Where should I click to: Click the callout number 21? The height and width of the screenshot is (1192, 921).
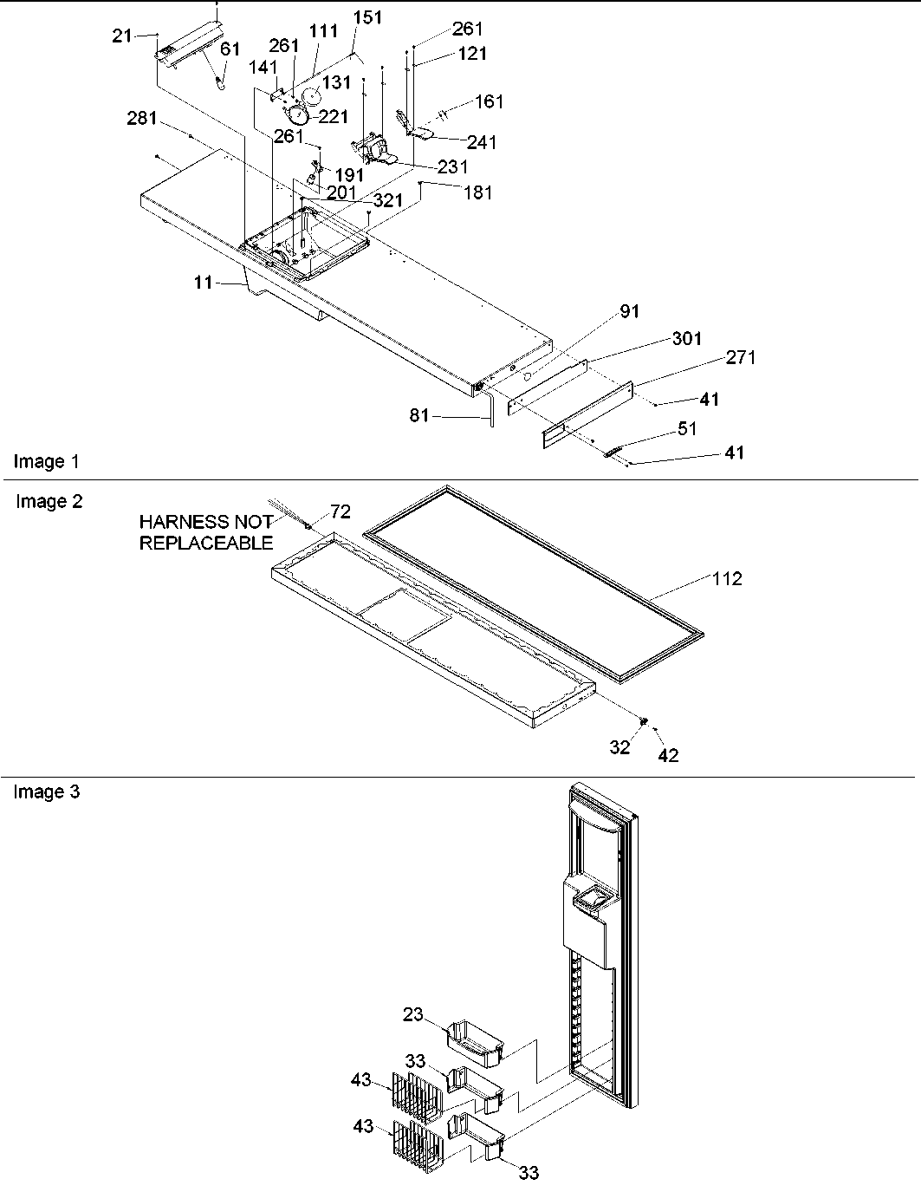[123, 36]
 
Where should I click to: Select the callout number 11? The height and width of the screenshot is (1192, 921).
[202, 282]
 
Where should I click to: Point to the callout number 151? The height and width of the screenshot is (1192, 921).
[367, 18]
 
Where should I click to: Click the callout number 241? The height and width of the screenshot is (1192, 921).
[482, 142]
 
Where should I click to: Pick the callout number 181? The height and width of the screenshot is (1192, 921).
[477, 192]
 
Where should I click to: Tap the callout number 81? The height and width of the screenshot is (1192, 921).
[419, 417]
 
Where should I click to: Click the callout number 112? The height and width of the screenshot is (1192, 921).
[727, 578]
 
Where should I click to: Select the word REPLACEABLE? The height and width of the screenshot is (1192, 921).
[206, 544]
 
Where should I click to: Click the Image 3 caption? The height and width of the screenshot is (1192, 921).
[47, 791]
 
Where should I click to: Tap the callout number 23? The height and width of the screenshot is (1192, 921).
[413, 1014]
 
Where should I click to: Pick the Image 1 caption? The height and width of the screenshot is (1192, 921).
[47, 461]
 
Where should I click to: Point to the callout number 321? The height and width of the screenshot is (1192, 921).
[388, 200]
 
